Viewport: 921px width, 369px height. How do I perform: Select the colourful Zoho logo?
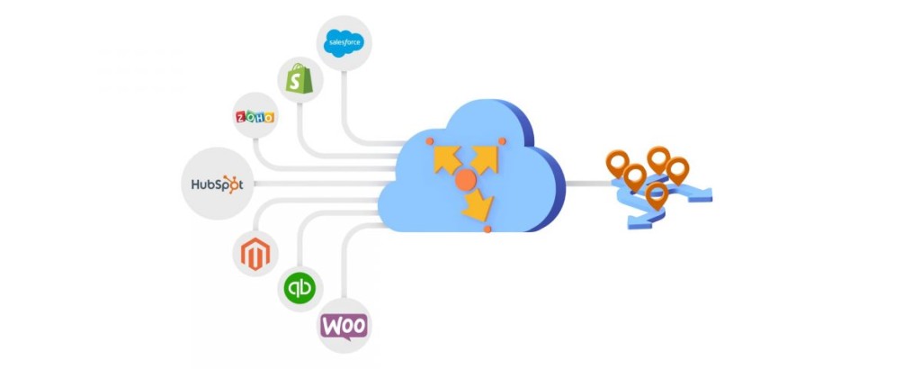[254, 117]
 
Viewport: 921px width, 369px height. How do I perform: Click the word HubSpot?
[217, 184]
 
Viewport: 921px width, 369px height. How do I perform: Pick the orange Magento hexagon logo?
[255, 254]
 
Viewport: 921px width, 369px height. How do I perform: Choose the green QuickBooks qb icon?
[299, 289]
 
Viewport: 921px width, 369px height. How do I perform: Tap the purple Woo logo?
[344, 325]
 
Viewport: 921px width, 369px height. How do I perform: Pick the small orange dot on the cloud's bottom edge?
[487, 230]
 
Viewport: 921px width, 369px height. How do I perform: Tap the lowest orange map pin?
[657, 194]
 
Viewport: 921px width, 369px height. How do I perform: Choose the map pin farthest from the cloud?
[678, 169]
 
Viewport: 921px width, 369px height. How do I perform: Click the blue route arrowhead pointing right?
[705, 193]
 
